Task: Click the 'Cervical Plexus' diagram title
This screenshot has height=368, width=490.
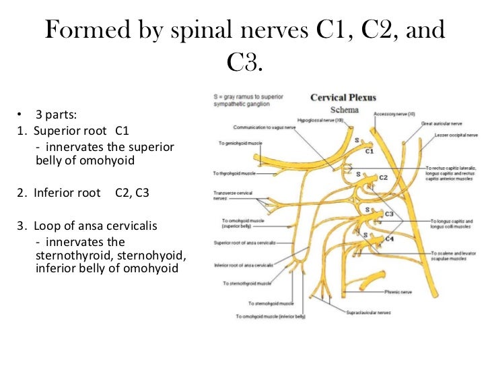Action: (x=343, y=97)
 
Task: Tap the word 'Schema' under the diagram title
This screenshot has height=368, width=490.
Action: (x=344, y=109)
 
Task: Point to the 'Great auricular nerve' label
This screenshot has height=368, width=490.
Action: (x=444, y=124)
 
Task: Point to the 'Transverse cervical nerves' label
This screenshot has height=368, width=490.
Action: (x=234, y=195)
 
